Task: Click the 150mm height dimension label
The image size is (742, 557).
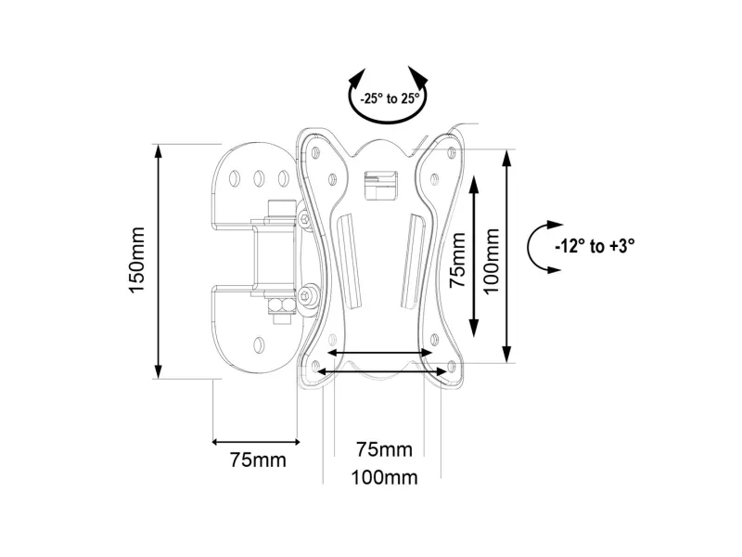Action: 136,260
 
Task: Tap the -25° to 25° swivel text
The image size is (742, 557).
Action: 390,98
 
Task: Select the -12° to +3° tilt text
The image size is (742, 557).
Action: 595,246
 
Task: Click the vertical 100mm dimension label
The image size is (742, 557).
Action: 493,261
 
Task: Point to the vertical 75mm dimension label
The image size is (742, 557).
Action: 457,260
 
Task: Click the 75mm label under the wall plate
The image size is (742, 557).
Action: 258,460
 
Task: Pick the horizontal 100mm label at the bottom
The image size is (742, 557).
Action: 384,477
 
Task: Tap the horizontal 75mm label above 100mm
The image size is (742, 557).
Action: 384,449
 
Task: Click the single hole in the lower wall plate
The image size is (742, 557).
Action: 259,344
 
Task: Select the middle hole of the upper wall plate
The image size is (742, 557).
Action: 259,178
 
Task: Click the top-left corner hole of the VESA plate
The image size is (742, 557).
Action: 315,152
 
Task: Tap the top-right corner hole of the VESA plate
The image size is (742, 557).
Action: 452,152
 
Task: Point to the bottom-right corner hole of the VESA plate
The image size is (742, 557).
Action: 452,366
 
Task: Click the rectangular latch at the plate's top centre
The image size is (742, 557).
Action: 379,185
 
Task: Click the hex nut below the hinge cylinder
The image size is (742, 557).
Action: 281,306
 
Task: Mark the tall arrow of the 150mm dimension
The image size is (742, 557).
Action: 159,262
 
